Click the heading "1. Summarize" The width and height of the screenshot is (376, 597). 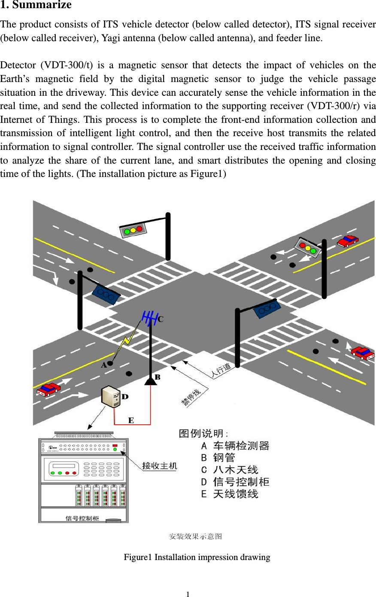point(36,5)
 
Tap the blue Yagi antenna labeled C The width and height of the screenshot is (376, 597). point(149,318)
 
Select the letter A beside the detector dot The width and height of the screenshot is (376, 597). point(103,365)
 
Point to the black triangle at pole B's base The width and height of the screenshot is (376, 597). point(150,381)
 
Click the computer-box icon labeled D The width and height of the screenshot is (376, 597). point(111,396)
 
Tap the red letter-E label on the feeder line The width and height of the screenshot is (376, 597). point(131,420)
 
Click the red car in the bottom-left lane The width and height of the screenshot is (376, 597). point(48,389)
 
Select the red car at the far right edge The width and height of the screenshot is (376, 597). point(363,353)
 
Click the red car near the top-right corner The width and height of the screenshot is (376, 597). point(347,241)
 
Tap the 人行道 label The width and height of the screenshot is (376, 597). point(221,370)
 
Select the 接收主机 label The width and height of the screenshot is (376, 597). point(159,466)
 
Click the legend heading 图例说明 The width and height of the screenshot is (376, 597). point(203,433)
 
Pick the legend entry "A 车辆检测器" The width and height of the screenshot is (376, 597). point(235,446)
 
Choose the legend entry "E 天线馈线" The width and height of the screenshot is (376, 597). point(230,494)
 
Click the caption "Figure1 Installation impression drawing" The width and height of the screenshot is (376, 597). point(197,557)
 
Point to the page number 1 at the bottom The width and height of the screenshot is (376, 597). point(188,594)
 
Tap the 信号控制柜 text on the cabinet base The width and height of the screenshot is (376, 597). point(82,518)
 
